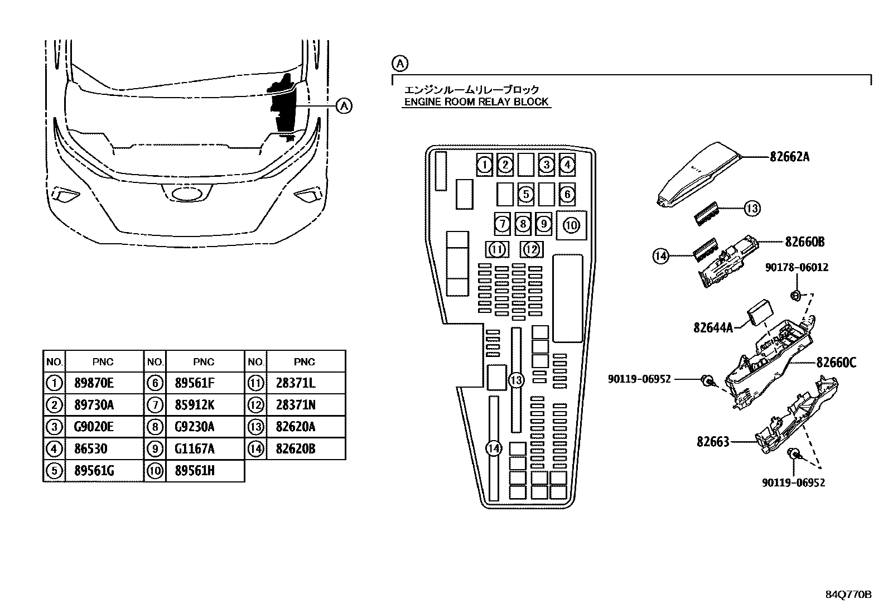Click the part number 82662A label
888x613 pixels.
(x=789, y=157)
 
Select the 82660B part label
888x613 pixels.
(x=805, y=242)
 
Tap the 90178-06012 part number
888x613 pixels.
(x=797, y=267)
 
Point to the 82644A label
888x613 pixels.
(x=713, y=327)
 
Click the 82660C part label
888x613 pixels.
(x=836, y=363)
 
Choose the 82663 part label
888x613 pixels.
(x=713, y=442)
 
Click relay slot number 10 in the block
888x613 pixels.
(x=571, y=225)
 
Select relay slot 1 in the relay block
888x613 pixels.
(x=484, y=165)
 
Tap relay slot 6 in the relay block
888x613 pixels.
(x=567, y=194)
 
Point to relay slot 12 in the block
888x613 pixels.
(x=532, y=249)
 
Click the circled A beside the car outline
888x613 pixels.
(x=344, y=106)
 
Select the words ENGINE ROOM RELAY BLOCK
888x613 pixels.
(x=476, y=102)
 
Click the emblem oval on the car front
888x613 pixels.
(x=186, y=194)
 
